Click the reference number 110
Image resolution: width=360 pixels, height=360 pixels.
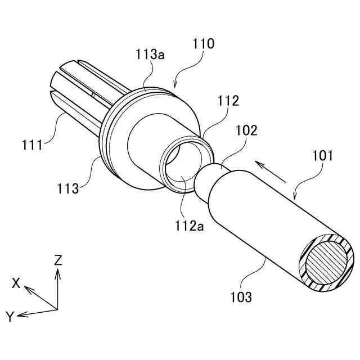(x=203, y=44)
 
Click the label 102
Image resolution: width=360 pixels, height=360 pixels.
(x=247, y=130)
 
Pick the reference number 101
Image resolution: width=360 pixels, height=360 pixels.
(x=322, y=155)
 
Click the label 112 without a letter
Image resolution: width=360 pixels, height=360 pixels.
(x=229, y=101)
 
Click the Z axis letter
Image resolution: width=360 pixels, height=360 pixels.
(x=58, y=259)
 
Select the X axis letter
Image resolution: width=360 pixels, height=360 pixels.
(x=16, y=283)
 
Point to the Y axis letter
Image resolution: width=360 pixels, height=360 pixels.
(x=10, y=317)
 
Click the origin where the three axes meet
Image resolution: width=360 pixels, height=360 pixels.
(x=57, y=308)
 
